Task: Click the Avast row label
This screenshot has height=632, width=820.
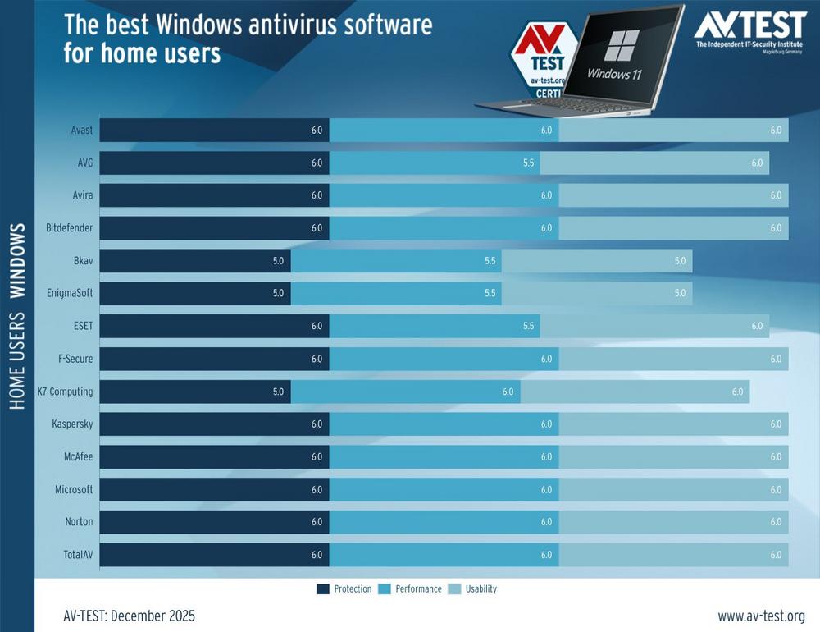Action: coord(81,130)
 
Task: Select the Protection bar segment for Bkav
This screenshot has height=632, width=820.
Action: coord(195,261)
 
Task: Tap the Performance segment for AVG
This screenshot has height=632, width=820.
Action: coord(434,163)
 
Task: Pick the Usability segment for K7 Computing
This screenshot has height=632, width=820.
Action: coord(635,392)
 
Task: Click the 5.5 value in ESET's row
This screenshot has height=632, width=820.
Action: coord(528,327)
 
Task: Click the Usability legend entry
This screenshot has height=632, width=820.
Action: coord(473,588)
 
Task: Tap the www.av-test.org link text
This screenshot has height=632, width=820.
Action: coord(761,616)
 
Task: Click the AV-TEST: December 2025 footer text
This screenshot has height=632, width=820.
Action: coord(130,616)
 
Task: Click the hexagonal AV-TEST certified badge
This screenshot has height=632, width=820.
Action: coord(538,62)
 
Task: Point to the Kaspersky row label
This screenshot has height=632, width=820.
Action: coord(73,424)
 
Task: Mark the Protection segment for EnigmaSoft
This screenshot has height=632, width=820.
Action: coord(195,294)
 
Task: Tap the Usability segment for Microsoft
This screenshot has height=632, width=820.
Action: coord(673,490)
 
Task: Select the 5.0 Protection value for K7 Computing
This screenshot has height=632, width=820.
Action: coord(278,392)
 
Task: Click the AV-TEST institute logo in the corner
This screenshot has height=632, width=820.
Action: coord(749,30)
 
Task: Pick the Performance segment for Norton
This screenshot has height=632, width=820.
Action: coord(444,523)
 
